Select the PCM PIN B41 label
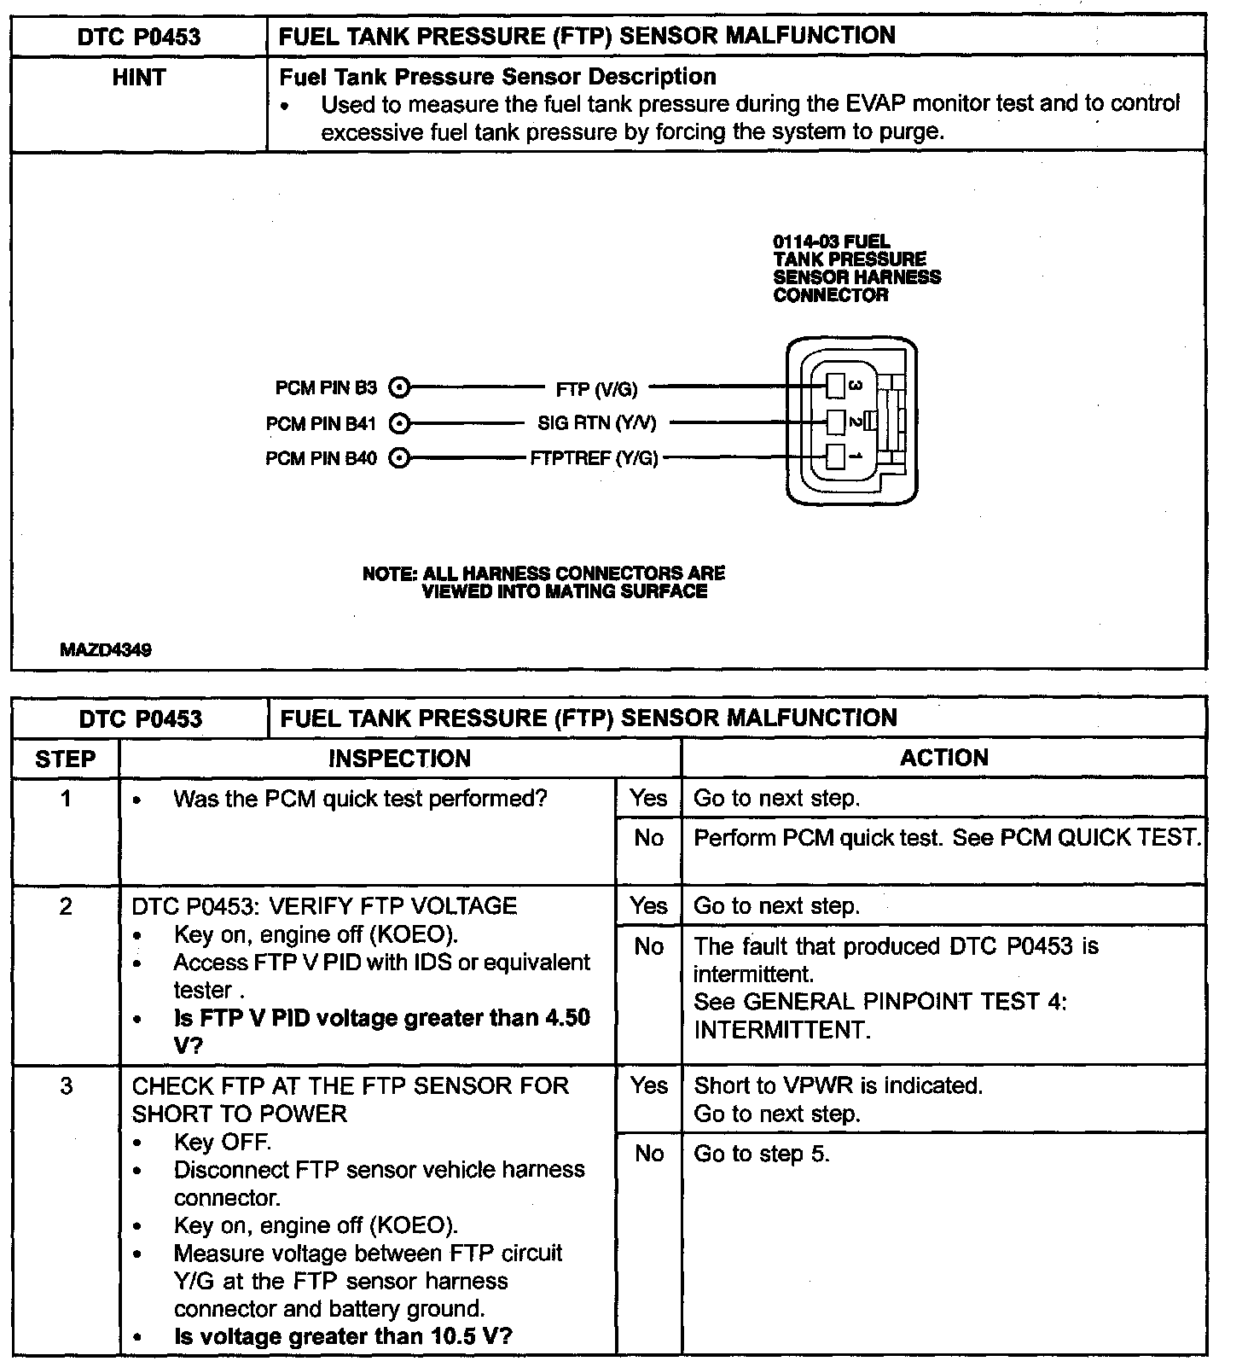click(x=321, y=424)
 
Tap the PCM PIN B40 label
click(x=321, y=459)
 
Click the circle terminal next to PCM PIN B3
click(x=398, y=388)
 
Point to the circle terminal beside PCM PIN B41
click(x=398, y=424)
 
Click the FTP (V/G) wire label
click(x=596, y=389)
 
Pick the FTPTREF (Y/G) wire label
click(x=594, y=459)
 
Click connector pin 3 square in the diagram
click(x=836, y=387)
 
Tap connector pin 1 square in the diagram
click(x=836, y=457)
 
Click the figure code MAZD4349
click(x=106, y=650)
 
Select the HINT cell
click(x=138, y=79)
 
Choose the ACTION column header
click(x=943, y=758)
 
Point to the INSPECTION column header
click(x=399, y=759)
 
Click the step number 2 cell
click(x=66, y=907)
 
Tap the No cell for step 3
click(x=648, y=1155)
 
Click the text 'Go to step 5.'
click(x=761, y=1155)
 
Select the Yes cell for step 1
click(x=648, y=799)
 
